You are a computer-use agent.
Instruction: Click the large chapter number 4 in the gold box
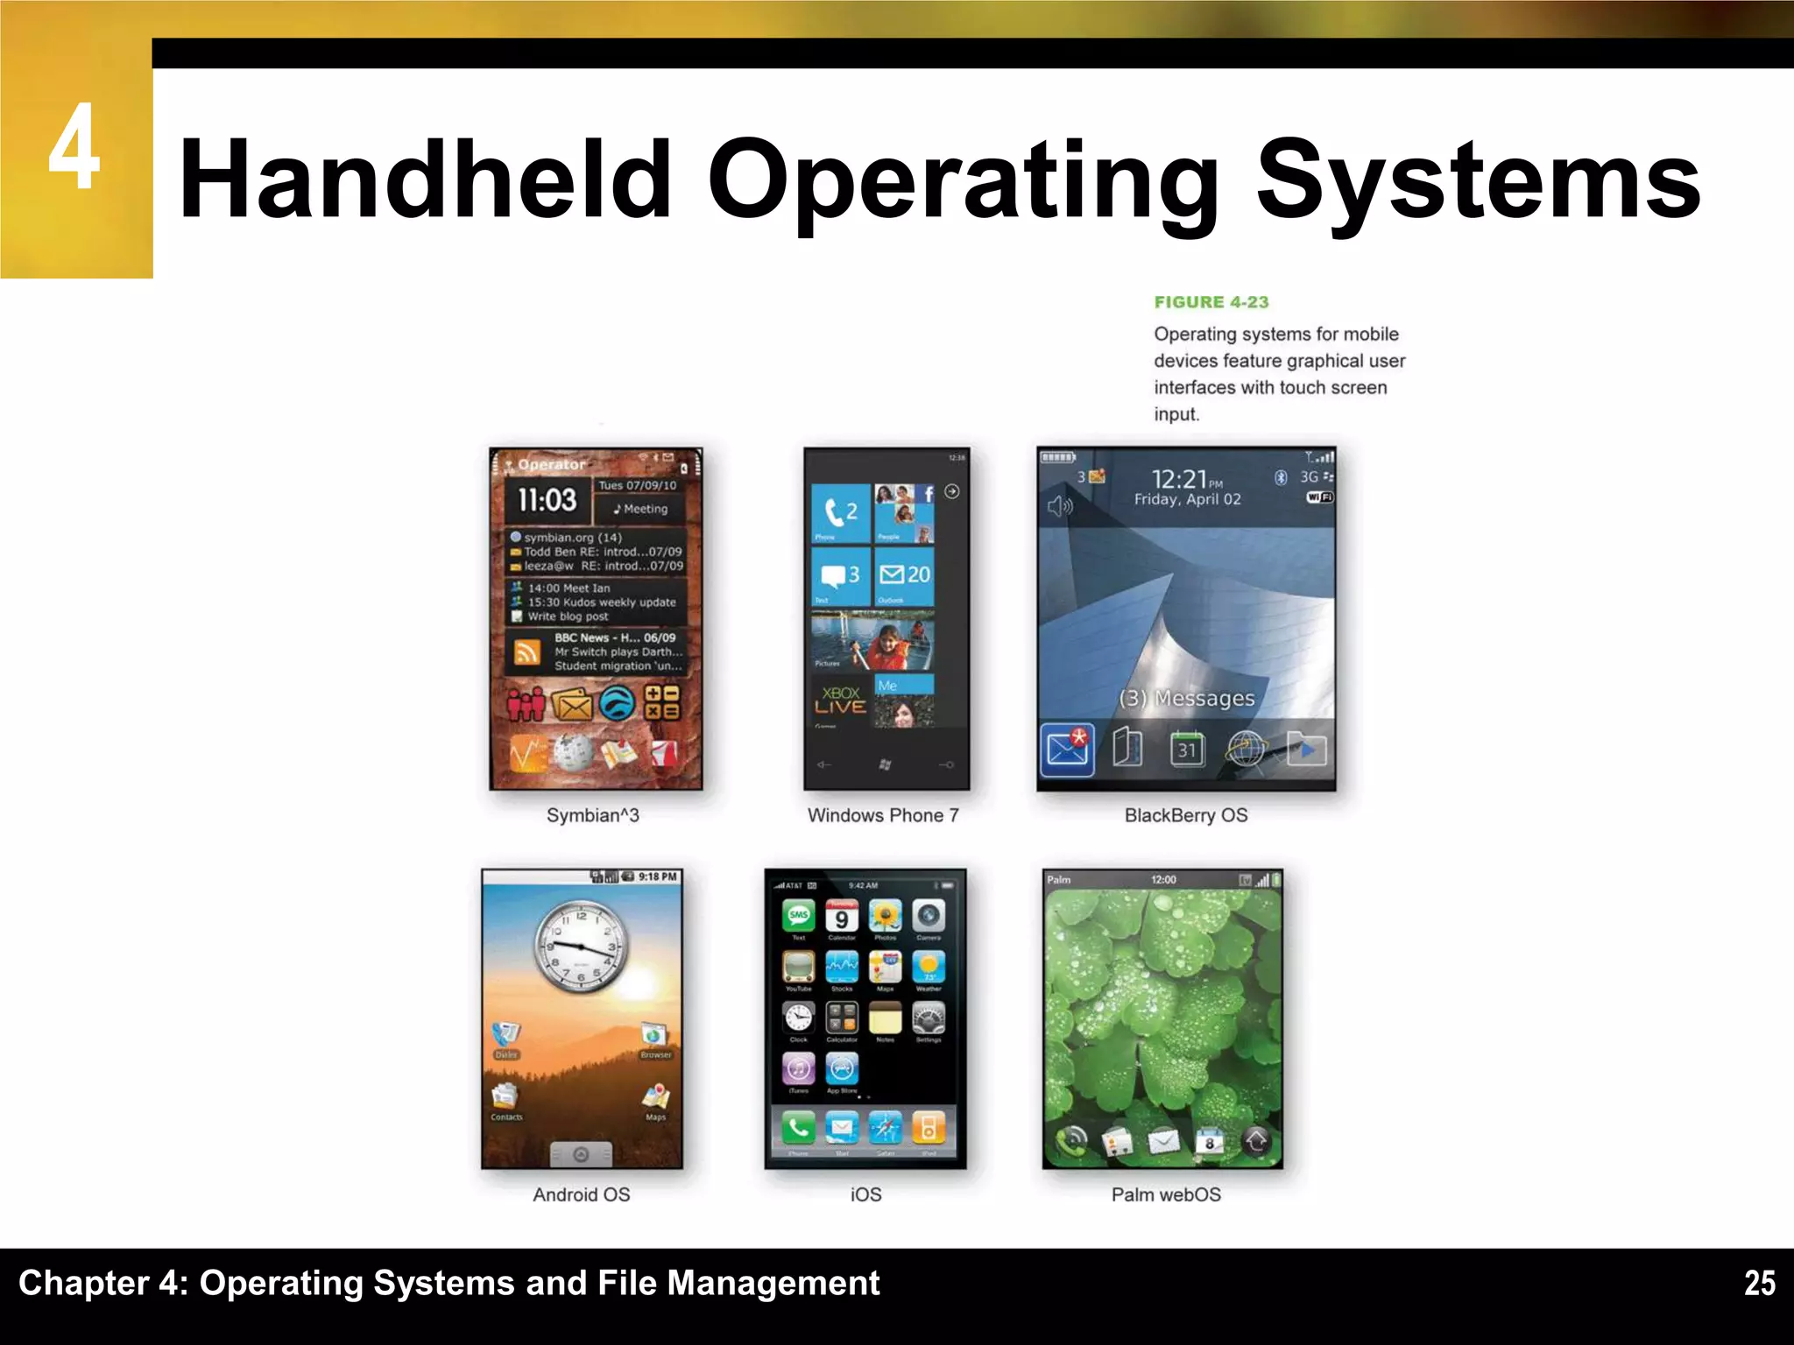[x=74, y=147]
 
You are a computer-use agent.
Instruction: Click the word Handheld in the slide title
[x=426, y=180]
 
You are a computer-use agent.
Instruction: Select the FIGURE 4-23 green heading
[x=1211, y=302]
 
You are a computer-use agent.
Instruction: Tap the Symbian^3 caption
[x=592, y=815]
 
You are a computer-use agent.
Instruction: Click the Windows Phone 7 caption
[x=883, y=815]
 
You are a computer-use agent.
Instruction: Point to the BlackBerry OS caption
[x=1186, y=815]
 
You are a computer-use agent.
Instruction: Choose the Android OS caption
[x=582, y=1194]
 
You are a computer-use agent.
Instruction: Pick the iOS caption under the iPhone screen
[x=865, y=1194]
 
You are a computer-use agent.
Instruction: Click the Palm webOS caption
[x=1166, y=1194]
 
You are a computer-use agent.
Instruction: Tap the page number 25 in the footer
[x=1759, y=1283]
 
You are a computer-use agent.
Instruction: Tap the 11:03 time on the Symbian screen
[x=547, y=500]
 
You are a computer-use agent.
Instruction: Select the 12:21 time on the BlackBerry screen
[x=1179, y=479]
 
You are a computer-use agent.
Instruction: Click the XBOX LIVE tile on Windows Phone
[x=841, y=701]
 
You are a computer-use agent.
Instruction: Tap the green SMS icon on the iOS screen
[x=798, y=916]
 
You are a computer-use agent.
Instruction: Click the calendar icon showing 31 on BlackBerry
[x=1187, y=750]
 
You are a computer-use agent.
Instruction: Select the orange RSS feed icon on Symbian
[x=526, y=652]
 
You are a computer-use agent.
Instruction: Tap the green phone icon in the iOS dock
[x=798, y=1128]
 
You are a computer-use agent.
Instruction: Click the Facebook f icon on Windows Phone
[x=928, y=495]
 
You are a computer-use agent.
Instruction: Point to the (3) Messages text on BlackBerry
[x=1187, y=698]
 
